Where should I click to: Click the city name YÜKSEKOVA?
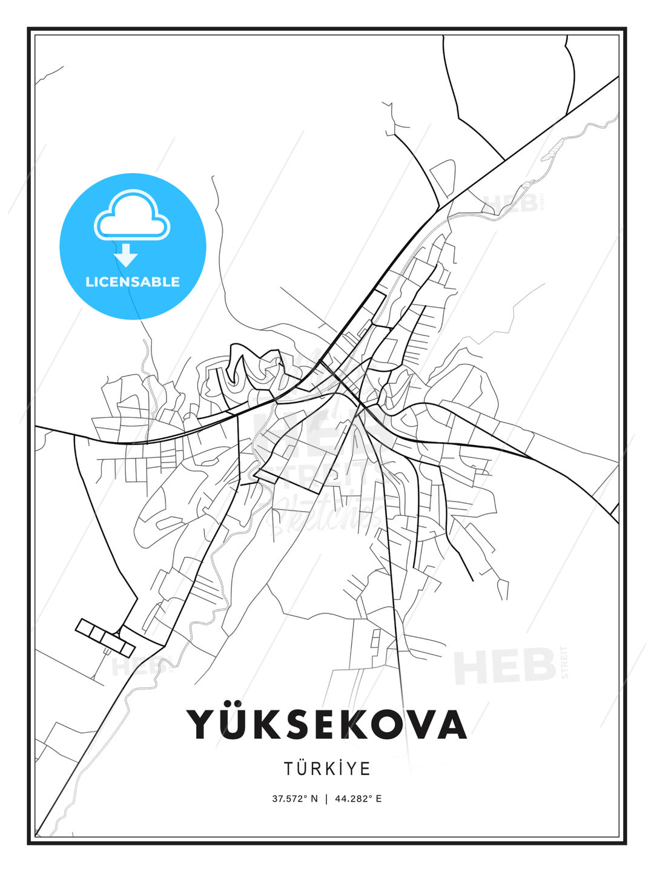[327, 724]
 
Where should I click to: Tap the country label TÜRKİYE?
[327, 768]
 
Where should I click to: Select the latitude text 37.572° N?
[295, 799]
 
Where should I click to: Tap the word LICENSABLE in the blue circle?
[133, 282]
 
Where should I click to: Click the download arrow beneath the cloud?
[127, 257]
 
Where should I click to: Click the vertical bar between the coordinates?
[327, 799]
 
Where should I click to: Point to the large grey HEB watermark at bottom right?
[505, 666]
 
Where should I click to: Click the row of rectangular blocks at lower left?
[105, 638]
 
